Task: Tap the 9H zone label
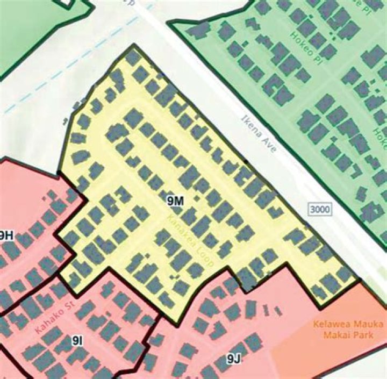6,235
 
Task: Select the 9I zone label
77,340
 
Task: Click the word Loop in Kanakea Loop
206,260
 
